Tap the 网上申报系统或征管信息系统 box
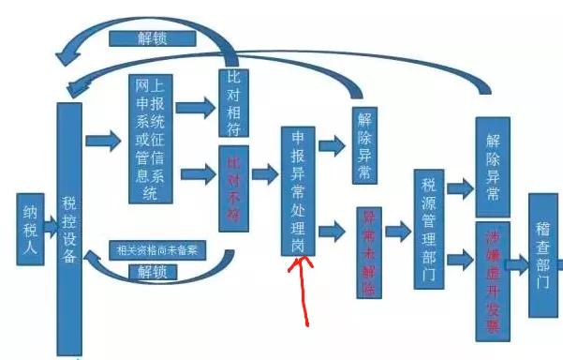tap(151, 138)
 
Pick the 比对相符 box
tap(233, 103)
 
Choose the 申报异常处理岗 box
tap(298, 190)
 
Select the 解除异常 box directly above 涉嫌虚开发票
tap(492, 166)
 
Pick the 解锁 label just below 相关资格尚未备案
tap(155, 272)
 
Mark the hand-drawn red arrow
tap(303, 290)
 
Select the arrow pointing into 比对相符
tap(197, 103)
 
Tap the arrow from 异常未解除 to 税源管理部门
tap(398, 232)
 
